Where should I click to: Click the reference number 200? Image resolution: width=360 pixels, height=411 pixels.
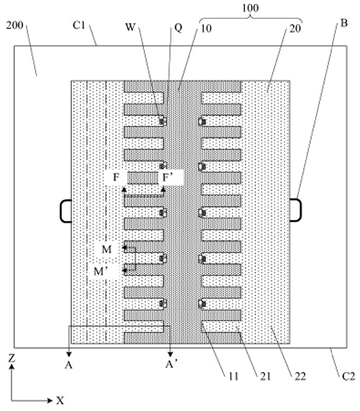tap(15, 25)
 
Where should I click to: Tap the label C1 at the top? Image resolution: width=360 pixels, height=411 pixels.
tap(79, 25)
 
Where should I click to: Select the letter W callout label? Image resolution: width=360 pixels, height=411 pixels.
tap(130, 27)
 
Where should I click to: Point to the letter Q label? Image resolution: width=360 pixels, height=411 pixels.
tap(178, 27)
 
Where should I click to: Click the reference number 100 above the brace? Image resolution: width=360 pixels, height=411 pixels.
tap(251, 8)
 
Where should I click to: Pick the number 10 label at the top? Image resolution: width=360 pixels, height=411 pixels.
tap(206, 28)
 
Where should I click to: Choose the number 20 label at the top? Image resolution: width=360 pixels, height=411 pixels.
tap(295, 28)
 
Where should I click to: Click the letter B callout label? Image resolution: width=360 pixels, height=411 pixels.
tap(343, 23)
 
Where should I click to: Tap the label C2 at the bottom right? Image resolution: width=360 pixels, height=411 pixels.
tap(348, 376)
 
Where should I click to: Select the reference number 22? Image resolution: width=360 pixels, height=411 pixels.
tap(300, 376)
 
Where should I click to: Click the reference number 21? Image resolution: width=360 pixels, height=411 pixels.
tap(265, 376)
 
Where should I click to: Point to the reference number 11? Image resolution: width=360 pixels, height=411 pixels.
tap(233, 376)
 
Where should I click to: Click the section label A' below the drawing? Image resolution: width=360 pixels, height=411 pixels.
tap(171, 364)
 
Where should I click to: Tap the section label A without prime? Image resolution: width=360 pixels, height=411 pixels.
tap(68, 365)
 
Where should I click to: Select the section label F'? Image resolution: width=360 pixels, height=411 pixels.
tap(167, 178)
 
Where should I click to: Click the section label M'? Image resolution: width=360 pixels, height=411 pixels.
tap(102, 271)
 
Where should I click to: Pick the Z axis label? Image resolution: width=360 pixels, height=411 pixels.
tap(12, 358)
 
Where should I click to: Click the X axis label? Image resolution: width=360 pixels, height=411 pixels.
tap(60, 400)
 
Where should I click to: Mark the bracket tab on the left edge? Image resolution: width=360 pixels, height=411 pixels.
tap(66, 212)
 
